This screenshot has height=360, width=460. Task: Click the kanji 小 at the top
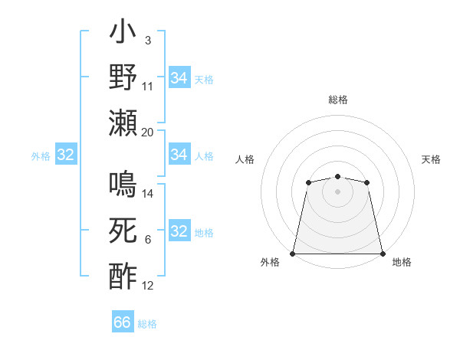pos(123,35)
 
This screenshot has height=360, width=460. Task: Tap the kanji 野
pos(123,78)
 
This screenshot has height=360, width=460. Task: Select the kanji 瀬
pos(123,123)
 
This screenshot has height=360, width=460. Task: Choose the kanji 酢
pos(123,276)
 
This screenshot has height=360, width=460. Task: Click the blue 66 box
pos(123,323)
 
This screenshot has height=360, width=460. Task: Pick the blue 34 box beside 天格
pos(179,77)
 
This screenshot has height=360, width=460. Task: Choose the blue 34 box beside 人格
pos(179,155)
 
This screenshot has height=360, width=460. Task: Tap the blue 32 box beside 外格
pos(65,155)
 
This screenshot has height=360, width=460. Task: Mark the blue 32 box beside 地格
pos(179,232)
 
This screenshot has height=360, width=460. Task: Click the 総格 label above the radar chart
pos(337,100)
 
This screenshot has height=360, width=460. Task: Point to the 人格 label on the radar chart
pos(245,159)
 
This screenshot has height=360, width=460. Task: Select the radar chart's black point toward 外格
pos(293,254)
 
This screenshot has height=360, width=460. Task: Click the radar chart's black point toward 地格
pos(382,254)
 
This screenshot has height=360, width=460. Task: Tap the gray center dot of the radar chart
pos(337,190)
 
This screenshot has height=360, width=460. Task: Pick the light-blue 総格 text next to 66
pos(147,324)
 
